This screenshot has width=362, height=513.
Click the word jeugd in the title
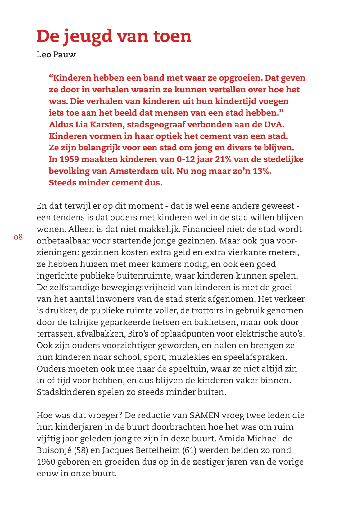(88, 37)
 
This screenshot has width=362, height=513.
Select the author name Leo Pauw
(56, 55)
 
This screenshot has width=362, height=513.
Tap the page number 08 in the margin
(18, 237)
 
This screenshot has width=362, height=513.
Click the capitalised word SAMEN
(205, 415)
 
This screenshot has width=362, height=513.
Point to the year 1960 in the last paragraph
(46, 462)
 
